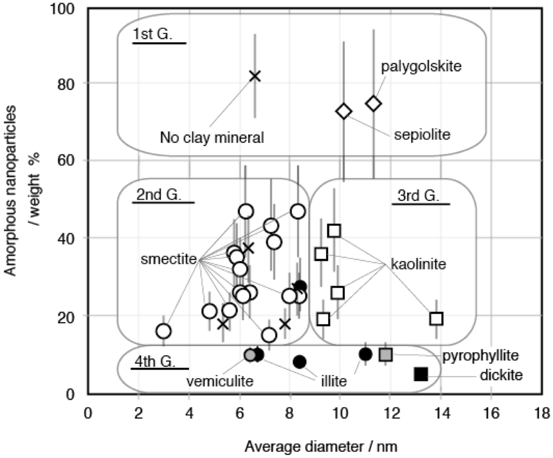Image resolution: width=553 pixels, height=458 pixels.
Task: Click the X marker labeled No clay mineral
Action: click(255, 76)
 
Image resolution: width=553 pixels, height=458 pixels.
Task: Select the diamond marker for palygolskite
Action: click(374, 103)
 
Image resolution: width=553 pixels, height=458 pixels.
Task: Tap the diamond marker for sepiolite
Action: click(344, 111)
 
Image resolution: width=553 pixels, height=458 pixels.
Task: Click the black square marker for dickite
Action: click(421, 374)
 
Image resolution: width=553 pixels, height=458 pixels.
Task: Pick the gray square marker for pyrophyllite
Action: click(386, 355)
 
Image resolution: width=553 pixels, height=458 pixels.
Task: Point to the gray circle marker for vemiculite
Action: click(250, 355)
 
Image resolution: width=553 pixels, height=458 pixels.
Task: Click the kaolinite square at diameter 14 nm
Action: click(437, 319)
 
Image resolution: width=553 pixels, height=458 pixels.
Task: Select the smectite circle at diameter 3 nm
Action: click(164, 331)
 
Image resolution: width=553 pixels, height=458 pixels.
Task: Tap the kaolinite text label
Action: click(418, 266)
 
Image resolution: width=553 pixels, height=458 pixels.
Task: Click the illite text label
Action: click(332, 381)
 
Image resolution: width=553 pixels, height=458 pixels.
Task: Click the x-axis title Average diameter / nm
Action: click(315, 445)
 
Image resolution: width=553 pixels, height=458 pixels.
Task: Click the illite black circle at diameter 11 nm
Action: click(366, 354)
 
